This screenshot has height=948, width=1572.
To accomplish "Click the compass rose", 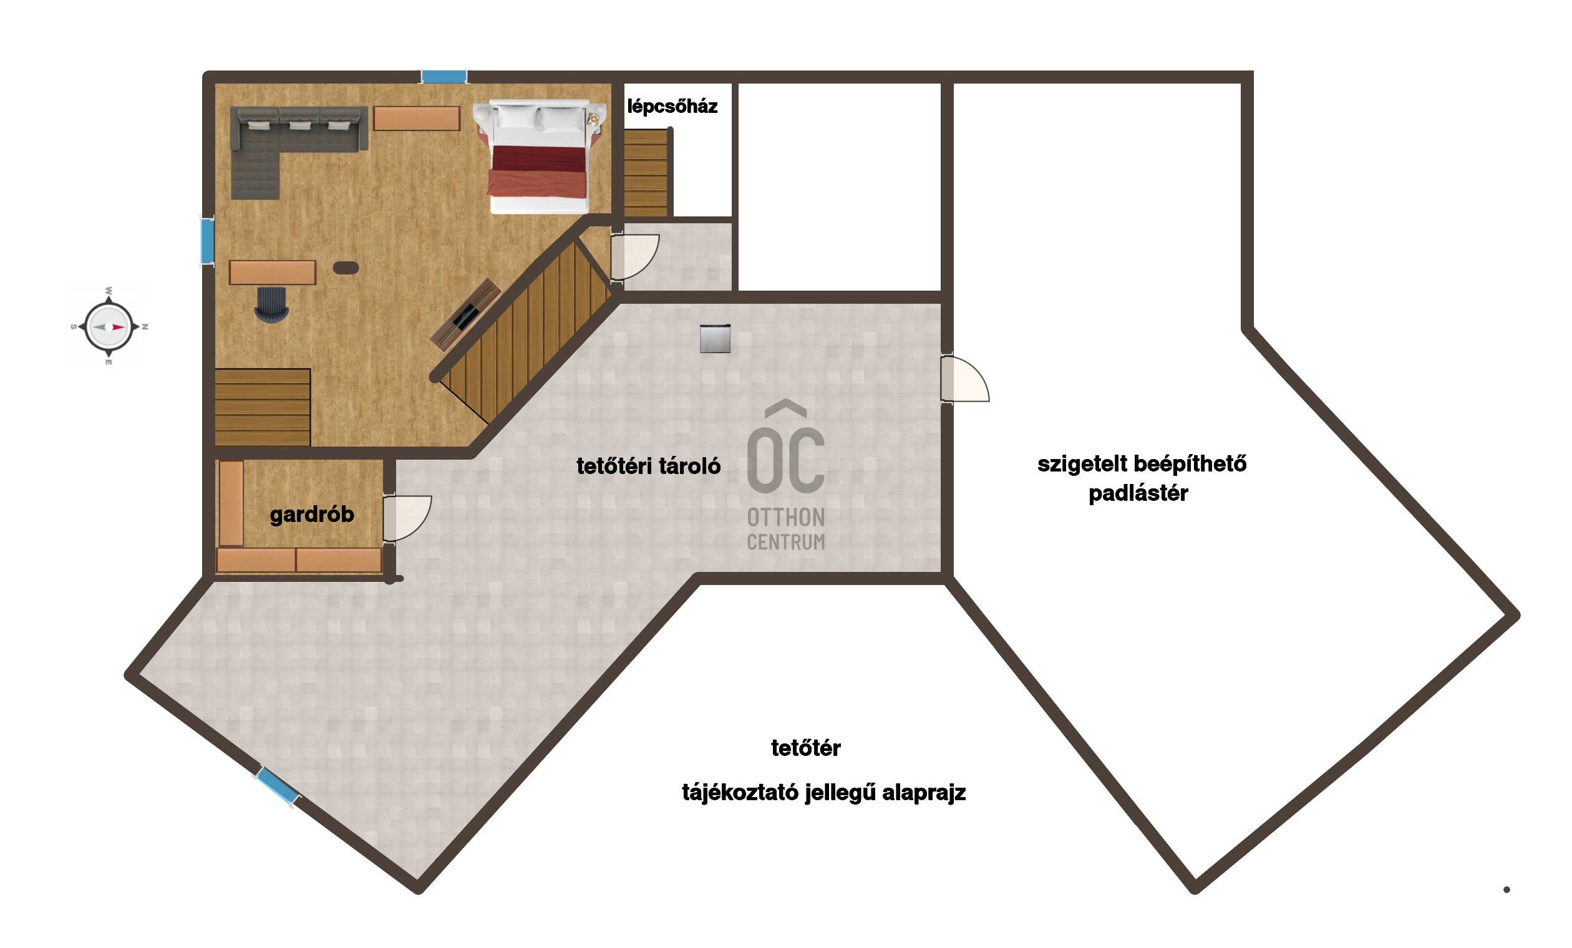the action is (x=109, y=327).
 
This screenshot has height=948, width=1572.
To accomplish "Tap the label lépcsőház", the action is (x=672, y=107).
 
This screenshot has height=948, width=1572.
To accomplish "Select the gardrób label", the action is (x=311, y=515).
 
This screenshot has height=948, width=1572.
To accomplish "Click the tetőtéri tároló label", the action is (x=648, y=467).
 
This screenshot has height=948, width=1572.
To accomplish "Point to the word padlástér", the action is (x=1138, y=493).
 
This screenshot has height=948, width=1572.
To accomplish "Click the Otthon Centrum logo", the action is (x=785, y=475).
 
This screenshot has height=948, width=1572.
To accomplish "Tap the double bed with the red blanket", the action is (x=538, y=157).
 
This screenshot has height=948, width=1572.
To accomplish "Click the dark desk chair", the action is (x=272, y=304).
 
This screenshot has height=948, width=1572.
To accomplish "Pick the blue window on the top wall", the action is (x=444, y=77).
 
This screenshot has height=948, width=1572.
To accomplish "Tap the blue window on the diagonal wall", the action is (x=278, y=786).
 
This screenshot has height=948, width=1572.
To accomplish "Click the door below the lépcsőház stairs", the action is (x=634, y=257).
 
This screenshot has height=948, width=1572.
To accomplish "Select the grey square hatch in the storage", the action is (x=715, y=338).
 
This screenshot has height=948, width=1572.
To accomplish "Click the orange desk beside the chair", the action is (x=273, y=273).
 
